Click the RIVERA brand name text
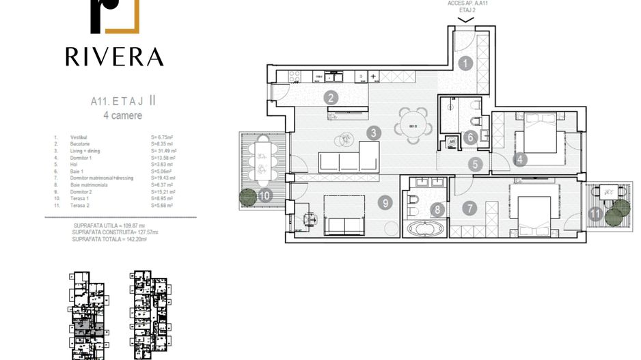click(115, 57)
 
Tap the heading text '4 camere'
click(123, 115)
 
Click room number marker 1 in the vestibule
click(465, 64)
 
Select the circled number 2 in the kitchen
click(331, 98)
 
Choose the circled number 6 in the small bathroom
click(469, 137)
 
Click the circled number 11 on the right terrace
click(596, 214)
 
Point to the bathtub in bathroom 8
click(424, 229)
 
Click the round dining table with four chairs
click(413, 126)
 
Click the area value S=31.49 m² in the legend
click(164, 151)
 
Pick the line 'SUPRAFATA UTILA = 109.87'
click(113, 225)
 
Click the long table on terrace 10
click(262, 161)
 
